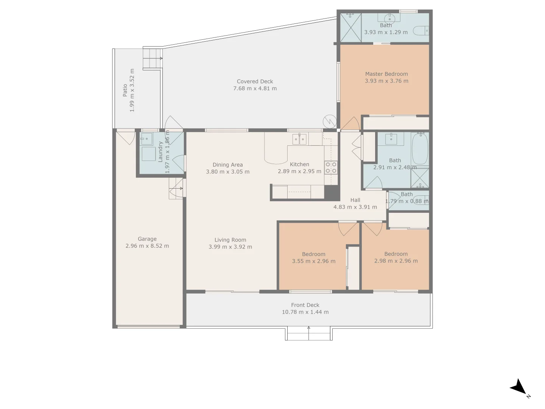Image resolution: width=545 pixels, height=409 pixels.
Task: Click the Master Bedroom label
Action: click(x=386, y=74)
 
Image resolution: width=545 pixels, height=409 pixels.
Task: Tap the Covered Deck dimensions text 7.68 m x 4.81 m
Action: click(x=255, y=89)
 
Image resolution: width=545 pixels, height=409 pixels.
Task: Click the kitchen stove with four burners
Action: click(x=331, y=167)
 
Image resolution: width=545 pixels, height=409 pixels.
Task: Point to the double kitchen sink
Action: click(x=299, y=139)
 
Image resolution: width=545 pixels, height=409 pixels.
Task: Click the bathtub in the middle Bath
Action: click(x=420, y=148)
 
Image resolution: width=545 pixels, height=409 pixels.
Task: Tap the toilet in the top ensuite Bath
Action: click(x=421, y=30)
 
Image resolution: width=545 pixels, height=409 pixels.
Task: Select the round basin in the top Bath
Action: click(x=389, y=18)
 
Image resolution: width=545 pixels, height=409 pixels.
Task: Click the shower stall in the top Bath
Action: click(x=350, y=27)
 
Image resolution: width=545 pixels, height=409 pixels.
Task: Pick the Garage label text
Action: click(x=147, y=239)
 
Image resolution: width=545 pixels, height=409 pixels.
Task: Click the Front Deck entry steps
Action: click(x=309, y=334)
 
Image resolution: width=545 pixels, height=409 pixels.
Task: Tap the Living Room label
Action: click(x=230, y=240)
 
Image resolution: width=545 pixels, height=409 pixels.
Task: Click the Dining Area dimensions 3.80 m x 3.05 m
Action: click(x=227, y=172)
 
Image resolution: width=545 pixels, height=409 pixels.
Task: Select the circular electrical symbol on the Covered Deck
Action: click(x=329, y=121)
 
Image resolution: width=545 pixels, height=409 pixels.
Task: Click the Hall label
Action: click(x=355, y=200)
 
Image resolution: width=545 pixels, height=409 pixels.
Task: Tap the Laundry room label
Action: click(x=160, y=152)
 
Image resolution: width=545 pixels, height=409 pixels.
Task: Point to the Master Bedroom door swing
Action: click(x=350, y=124)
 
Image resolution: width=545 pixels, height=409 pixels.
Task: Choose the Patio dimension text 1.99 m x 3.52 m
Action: click(x=132, y=90)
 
